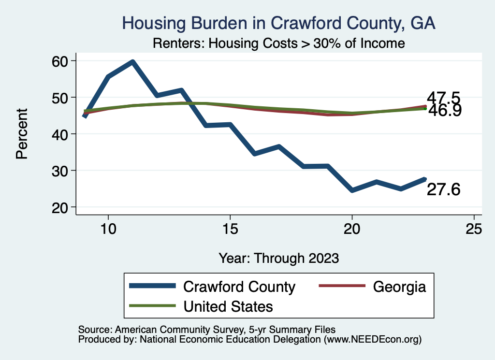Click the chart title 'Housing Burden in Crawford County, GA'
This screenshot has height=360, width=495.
pyautogui.click(x=279, y=23)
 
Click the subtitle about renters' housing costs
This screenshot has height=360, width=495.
pyautogui.click(x=278, y=43)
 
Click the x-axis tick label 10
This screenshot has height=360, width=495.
pyautogui.click(x=108, y=229)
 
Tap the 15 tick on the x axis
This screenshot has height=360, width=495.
pyautogui.click(x=230, y=229)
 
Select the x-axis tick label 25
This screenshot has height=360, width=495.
pyautogui.click(x=474, y=229)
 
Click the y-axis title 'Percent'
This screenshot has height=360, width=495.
pyautogui.click(x=22, y=134)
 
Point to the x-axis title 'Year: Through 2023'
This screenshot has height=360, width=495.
pyautogui.click(x=278, y=258)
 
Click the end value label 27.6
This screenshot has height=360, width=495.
pyautogui.click(x=443, y=190)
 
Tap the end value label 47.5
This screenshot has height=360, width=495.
pyautogui.click(x=443, y=98)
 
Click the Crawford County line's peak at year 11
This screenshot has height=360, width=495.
pyautogui.click(x=132, y=62)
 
